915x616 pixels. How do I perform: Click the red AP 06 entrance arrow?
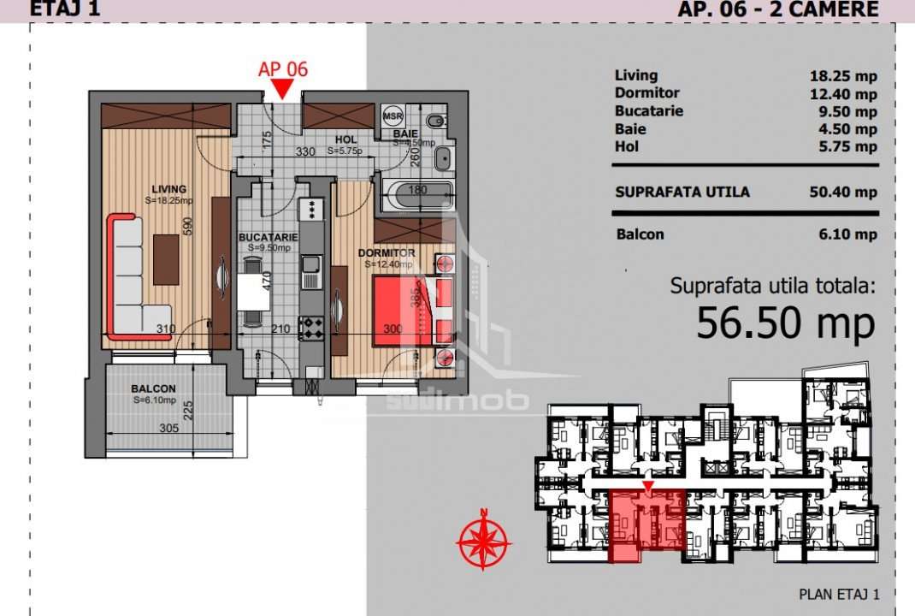283,89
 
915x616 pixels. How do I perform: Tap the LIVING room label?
168,188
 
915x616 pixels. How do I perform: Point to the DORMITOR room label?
388,253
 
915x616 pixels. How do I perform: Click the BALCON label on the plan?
154,388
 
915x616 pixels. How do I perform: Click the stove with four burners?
309,327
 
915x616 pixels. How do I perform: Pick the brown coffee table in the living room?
166,259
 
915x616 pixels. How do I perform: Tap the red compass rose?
483,540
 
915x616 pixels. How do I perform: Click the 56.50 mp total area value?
785,323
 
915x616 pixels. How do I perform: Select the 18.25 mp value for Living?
843,76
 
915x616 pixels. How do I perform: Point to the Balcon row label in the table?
639,234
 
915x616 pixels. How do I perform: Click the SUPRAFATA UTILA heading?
682,192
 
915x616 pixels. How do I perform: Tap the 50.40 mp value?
843,192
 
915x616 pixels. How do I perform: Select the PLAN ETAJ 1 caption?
838,594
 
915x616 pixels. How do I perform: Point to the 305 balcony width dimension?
168,429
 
